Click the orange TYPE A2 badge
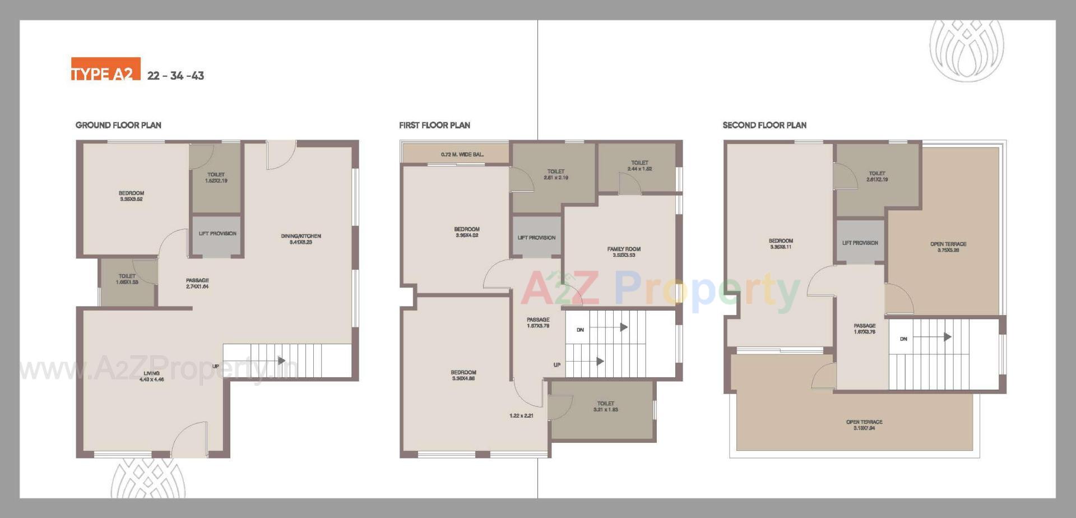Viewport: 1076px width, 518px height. (105, 70)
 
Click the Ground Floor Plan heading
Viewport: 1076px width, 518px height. (118, 125)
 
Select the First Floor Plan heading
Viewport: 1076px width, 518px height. (434, 125)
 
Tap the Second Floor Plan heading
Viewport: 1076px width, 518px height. (764, 125)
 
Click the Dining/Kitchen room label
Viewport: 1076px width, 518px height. (301, 239)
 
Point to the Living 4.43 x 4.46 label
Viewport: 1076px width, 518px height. (151, 376)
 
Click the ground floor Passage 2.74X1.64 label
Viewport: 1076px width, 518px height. (197, 283)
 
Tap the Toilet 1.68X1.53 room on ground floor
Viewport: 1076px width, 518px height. (127, 279)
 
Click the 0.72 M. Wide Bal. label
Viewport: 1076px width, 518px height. (462, 154)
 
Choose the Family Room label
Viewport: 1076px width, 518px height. (624, 252)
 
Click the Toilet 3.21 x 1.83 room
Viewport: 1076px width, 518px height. (605, 406)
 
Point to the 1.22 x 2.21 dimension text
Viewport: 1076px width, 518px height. (521, 416)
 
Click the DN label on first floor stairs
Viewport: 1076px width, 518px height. (580, 330)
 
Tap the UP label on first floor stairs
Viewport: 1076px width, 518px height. (557, 365)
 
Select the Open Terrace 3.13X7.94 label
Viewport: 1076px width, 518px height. (864, 425)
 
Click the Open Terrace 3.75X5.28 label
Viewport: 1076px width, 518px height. (948, 247)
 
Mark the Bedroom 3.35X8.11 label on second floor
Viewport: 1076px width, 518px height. (781, 244)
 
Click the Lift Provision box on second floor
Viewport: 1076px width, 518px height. (860, 243)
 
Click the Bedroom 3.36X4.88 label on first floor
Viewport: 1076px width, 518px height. (463, 375)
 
